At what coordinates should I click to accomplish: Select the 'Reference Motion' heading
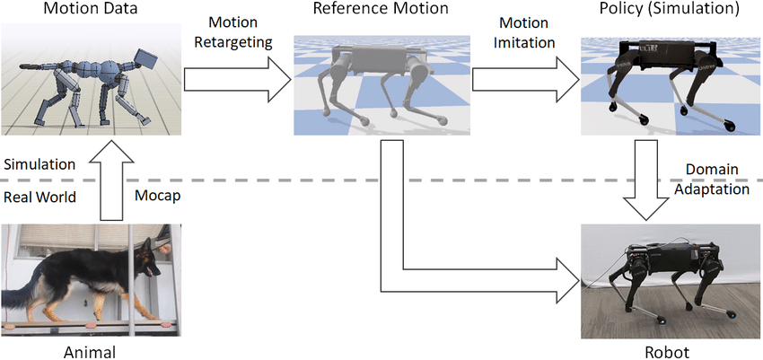point(381,10)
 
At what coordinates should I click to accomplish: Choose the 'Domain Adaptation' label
point(717,179)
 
